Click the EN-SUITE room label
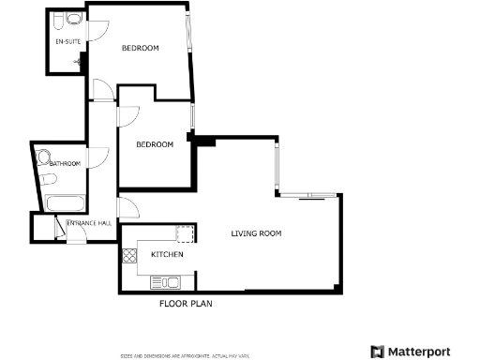(x=66, y=42)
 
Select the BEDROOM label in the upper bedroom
(x=140, y=48)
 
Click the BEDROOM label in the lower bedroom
(x=155, y=144)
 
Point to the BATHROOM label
(x=66, y=164)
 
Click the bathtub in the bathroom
(x=66, y=202)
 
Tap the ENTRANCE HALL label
(x=89, y=222)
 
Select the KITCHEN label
(x=167, y=254)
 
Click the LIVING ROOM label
(x=256, y=233)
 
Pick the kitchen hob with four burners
(x=128, y=253)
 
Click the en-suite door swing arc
(x=97, y=31)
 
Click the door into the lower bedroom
(x=129, y=112)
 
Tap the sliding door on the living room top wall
(x=311, y=197)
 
